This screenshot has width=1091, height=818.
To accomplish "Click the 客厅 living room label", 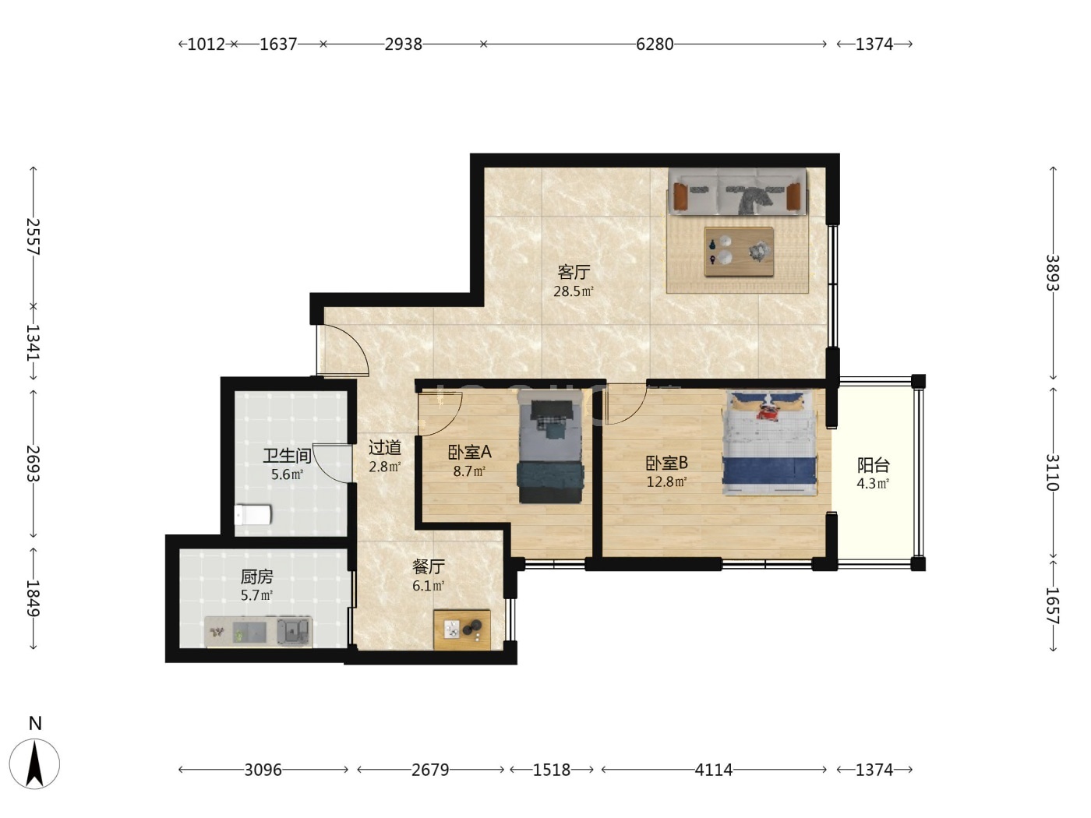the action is tap(574, 272).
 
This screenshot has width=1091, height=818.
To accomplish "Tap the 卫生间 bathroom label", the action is tap(287, 455).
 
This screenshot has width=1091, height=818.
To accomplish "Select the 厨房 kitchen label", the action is tap(256, 576).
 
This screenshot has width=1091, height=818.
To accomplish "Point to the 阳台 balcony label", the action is tap(874, 465).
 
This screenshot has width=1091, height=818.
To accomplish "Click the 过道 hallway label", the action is tap(385, 448).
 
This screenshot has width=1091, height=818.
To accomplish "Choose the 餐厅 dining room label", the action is tap(429, 566).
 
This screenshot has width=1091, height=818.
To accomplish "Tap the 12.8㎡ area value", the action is tap(666, 481).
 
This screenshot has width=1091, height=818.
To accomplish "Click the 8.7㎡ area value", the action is tap(469, 471).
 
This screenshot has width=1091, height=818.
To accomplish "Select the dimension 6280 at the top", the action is tap(655, 44).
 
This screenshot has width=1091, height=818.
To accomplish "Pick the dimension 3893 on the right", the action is tap(1053, 273).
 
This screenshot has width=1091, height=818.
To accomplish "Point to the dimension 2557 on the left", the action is tap(33, 237).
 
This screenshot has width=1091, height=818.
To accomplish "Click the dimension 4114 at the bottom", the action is tap(713, 770).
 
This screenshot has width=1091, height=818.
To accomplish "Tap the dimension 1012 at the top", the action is tap(206, 44).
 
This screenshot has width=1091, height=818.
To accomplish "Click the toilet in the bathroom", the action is tap(253, 515).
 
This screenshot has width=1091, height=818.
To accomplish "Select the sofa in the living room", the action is tap(737, 192).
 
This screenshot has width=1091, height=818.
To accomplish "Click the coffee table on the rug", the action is tap(739, 252).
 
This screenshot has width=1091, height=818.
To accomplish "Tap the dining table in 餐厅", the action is tap(462, 629).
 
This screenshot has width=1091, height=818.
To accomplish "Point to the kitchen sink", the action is tap(294, 631).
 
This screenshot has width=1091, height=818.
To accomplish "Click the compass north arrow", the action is tap(34, 763).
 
